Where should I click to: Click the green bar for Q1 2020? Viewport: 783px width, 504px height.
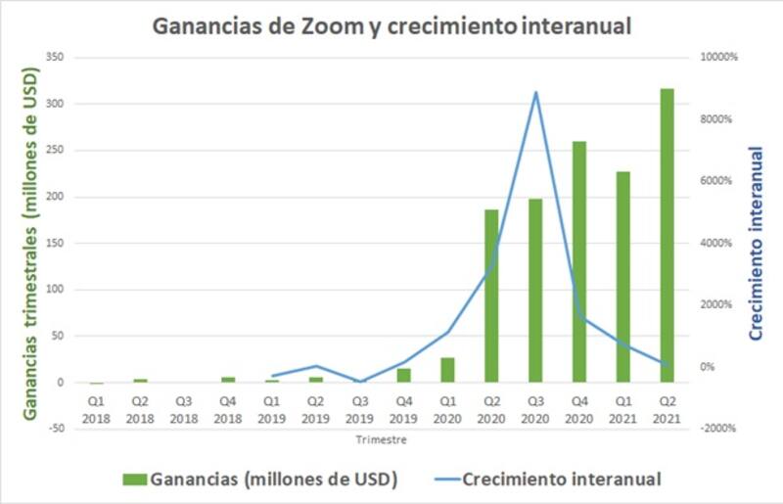[x=447, y=370]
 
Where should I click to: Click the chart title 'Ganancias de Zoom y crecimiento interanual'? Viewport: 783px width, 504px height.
[x=391, y=26]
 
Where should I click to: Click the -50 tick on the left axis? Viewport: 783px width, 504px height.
[x=56, y=429]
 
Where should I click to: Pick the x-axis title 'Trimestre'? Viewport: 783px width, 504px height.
[x=381, y=440]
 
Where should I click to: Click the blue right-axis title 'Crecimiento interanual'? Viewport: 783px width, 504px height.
[x=756, y=243]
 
